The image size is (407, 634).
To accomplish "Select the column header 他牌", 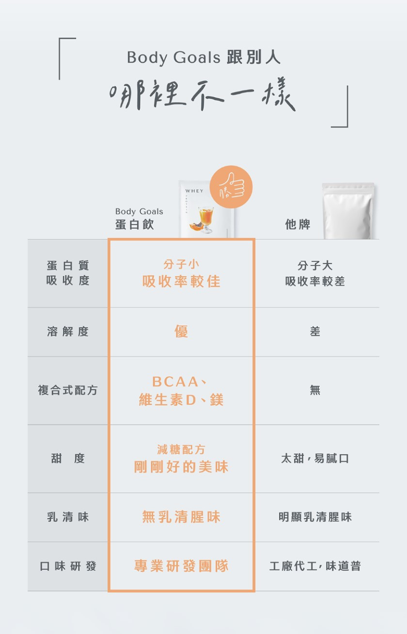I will coord(297,225).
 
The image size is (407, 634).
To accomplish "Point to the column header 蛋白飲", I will coord(134,225).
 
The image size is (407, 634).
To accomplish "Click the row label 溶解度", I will coord(68,332).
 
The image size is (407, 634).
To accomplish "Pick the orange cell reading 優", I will coord(181,332).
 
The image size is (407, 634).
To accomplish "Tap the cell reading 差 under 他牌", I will coord(315,332).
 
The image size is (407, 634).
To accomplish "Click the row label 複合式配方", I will coord(68,391).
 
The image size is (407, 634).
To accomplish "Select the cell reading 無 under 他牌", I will coord(315,391).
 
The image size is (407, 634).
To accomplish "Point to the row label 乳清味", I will coord(68,517).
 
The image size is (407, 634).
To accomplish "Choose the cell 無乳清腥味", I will coord(181,517).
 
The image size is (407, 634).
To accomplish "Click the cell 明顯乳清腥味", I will coord(315,517).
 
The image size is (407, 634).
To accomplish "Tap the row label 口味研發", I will coord(68,566).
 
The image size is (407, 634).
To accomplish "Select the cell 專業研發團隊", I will coord(181,566).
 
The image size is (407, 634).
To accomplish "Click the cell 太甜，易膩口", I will coord(315,458).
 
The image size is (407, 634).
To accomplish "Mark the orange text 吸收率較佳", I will coord(181,281).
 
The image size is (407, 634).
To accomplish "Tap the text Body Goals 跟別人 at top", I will coord(203,58).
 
